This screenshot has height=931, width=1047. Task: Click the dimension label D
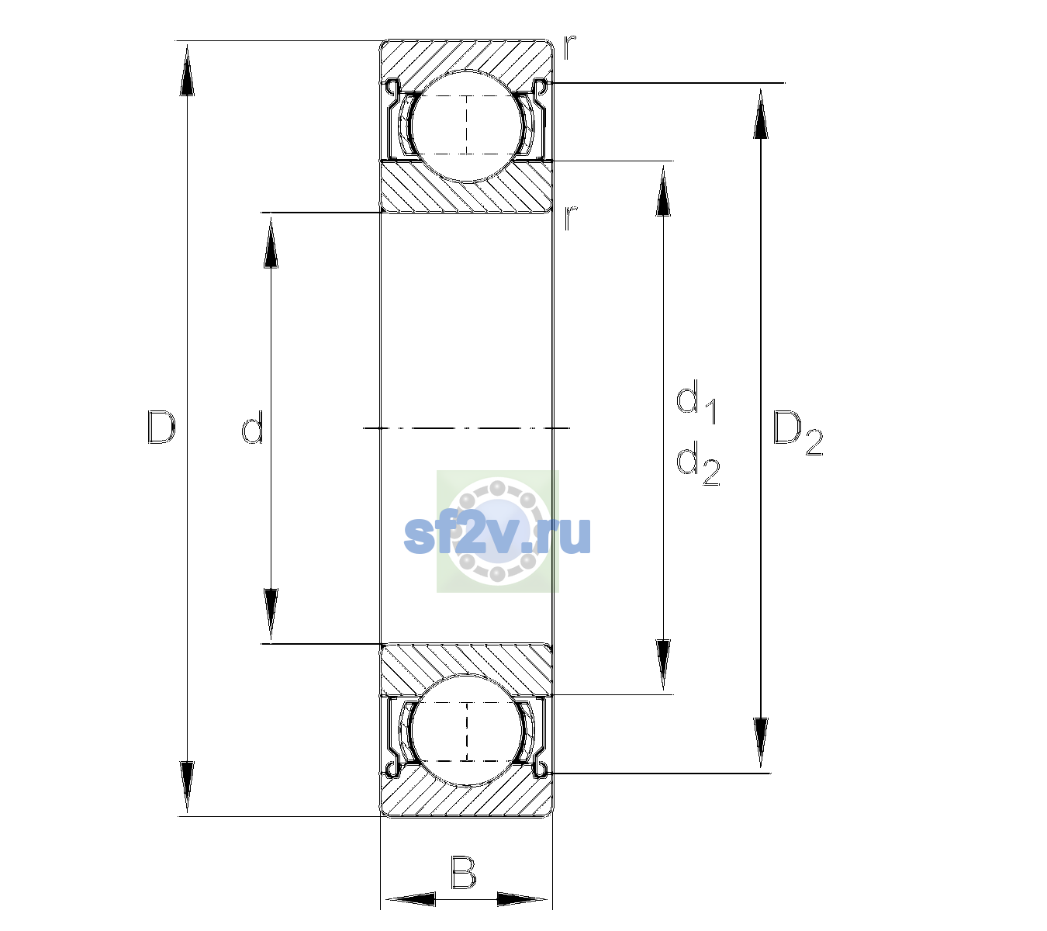[x=161, y=427]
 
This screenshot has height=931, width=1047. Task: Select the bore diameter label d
[x=253, y=427]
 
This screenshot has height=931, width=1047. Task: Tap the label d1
[x=696, y=401]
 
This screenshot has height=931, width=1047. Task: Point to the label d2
[x=698, y=462]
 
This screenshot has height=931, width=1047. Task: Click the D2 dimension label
[x=797, y=433]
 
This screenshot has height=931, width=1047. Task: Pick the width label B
[x=463, y=872]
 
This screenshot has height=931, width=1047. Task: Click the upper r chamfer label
[x=569, y=47]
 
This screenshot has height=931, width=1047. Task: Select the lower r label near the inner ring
[x=569, y=218]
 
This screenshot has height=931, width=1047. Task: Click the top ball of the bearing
[x=467, y=126]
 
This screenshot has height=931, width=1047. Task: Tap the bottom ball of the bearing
[x=467, y=730]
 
